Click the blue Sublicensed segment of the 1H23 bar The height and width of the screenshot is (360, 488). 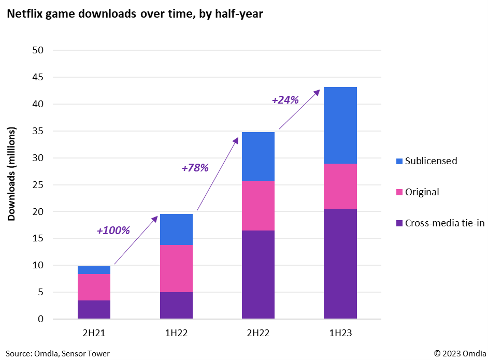[x=340, y=125]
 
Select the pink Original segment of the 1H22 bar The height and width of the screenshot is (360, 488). [x=176, y=268]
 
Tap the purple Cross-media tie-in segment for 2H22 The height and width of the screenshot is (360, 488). [x=258, y=275]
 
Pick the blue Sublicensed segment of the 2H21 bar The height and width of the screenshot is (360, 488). [x=94, y=270]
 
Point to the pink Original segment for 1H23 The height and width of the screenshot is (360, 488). [x=340, y=186]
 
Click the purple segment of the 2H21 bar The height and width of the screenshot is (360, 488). [x=94, y=309]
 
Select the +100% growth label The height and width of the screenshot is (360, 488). [x=113, y=230]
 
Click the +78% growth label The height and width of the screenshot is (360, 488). [x=195, y=168]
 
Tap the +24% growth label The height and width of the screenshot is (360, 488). [x=285, y=100]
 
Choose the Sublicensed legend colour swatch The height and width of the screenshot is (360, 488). [x=399, y=161]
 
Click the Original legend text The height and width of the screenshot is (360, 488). [x=422, y=192]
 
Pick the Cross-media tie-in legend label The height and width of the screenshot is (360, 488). [x=438, y=223]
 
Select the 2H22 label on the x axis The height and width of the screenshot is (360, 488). [x=258, y=333]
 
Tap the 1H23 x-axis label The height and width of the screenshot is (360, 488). [x=340, y=333]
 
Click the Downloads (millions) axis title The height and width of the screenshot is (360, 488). [x=11, y=174]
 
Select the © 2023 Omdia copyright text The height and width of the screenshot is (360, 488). [x=460, y=353]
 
